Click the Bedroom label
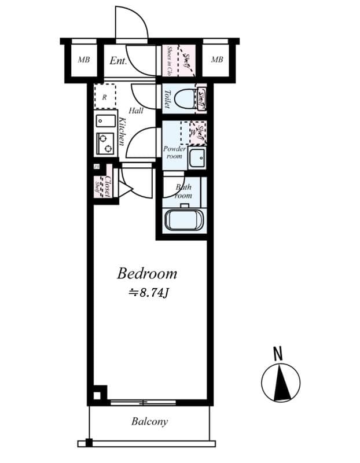click(x=147, y=273)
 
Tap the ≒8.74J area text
click(x=148, y=292)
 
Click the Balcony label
click(x=149, y=421)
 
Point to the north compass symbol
click(x=280, y=383)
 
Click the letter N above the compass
click(x=278, y=352)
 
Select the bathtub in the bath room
click(x=183, y=220)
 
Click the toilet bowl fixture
click(x=186, y=99)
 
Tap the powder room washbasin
click(x=197, y=157)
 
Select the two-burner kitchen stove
click(x=105, y=142)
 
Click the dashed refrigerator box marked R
click(x=105, y=96)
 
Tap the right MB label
click(x=217, y=60)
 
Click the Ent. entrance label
click(x=118, y=60)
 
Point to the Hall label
click(x=137, y=111)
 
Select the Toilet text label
click(x=167, y=98)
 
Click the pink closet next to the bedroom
click(x=103, y=183)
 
